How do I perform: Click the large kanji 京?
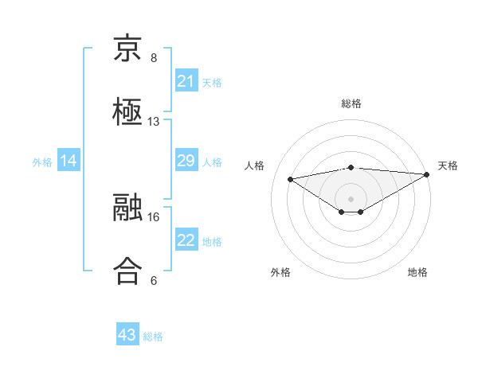[127, 50]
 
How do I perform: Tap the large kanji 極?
[127, 111]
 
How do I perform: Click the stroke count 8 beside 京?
[154, 59]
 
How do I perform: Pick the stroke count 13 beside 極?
[154, 122]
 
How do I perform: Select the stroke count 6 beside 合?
[154, 280]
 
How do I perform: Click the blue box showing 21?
[186, 81]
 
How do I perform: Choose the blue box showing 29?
[186, 161]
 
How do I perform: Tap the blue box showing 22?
[186, 240]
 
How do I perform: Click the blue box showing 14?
[69, 161]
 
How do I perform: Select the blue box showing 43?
[127, 335]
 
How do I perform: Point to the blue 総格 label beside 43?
[153, 337]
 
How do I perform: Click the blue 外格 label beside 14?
[42, 162]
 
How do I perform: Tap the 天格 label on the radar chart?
[448, 166]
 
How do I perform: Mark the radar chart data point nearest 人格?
[290, 178]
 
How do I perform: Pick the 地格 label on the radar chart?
[417, 272]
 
